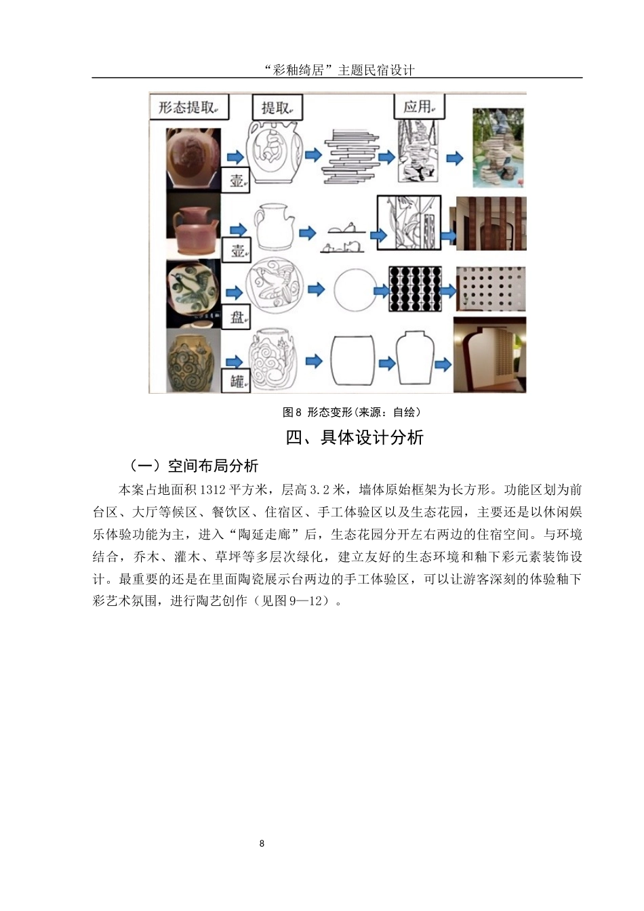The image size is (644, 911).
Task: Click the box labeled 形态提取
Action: (188, 107)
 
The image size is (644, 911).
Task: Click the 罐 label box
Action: (237, 380)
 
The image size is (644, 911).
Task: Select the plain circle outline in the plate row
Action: (353, 290)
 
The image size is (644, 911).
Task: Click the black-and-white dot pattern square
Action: (414, 289)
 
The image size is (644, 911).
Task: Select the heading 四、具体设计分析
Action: (355, 438)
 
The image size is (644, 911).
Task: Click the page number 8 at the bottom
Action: (262, 843)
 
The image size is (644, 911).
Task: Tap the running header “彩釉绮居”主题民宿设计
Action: (337, 70)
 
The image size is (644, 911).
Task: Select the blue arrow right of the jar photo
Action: (233, 362)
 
